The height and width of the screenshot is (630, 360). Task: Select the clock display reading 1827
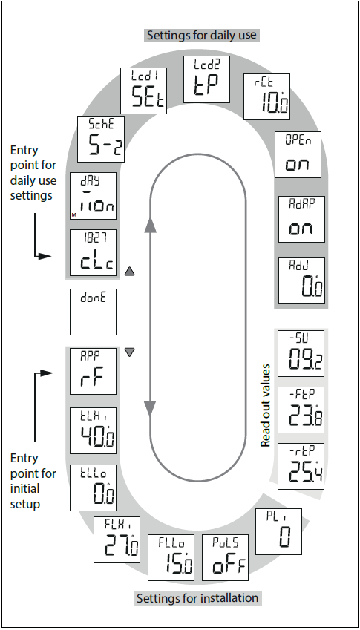tap(93, 252)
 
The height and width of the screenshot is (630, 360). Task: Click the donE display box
tap(93, 311)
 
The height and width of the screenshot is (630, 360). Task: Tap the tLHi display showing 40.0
tap(93, 430)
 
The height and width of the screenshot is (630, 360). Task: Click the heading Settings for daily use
tap(202, 35)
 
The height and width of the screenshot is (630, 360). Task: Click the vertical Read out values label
tap(265, 404)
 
